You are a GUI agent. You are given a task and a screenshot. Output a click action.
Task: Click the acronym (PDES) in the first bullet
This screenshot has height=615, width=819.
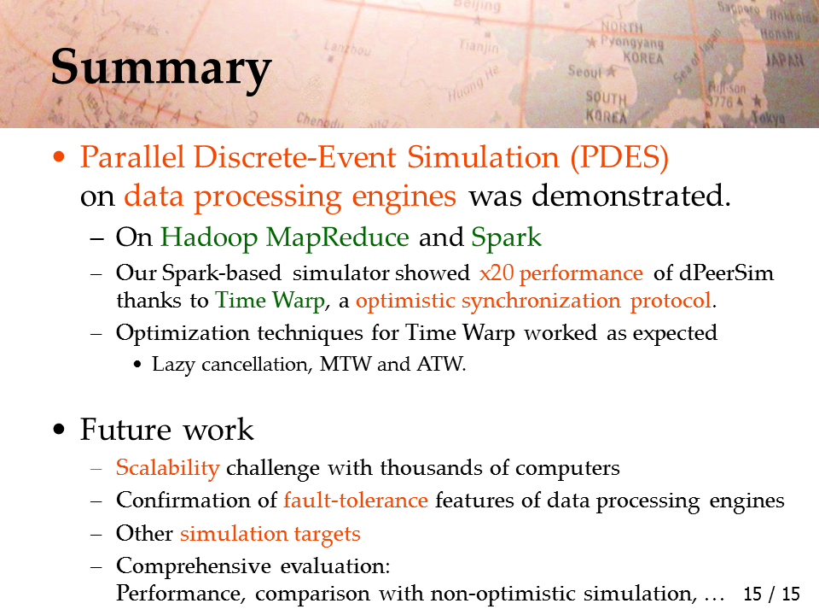619,157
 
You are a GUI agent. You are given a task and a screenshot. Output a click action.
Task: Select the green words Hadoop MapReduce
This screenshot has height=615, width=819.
285,238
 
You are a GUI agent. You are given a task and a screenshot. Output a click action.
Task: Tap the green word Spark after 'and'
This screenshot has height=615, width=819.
506,238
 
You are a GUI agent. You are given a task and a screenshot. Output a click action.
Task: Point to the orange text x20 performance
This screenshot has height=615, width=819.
561,273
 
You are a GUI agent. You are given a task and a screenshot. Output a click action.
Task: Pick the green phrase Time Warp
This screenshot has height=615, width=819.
270,301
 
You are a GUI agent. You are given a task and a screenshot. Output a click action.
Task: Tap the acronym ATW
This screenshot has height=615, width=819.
441,364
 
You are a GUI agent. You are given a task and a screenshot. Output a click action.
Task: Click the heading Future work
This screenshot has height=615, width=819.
166,430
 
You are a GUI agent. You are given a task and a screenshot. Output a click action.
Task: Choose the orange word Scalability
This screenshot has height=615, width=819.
168,468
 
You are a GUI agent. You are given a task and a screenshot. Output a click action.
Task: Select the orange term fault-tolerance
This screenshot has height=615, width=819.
356,500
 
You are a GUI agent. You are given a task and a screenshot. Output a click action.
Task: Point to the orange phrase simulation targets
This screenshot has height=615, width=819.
270,533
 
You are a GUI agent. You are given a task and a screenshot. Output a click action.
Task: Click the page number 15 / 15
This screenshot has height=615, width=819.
771,594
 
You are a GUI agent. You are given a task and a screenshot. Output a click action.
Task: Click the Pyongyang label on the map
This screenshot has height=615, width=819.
631,42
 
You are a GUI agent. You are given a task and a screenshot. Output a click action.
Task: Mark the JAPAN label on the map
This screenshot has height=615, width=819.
784,60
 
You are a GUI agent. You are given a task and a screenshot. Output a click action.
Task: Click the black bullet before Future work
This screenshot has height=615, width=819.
59,430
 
